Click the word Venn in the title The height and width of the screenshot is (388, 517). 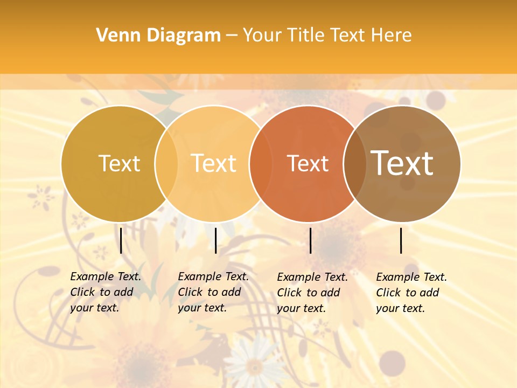[x=111, y=36]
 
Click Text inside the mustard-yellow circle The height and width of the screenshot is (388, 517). [x=120, y=163]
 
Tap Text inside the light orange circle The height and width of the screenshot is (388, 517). [x=214, y=163]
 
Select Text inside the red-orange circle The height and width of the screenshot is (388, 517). [x=308, y=164]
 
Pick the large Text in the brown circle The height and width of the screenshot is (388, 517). [x=402, y=163]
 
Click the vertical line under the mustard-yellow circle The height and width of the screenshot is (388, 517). [x=121, y=240]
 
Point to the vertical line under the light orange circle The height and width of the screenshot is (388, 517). [x=215, y=240]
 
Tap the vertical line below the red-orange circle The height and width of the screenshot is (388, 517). [x=311, y=240]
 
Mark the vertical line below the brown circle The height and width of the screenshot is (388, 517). [x=401, y=240]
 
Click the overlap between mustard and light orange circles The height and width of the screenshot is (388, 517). [x=166, y=163]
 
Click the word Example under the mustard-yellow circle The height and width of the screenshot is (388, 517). [x=92, y=276]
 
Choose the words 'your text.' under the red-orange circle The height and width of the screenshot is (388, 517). [x=301, y=308]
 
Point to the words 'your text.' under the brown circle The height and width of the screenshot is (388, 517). [x=400, y=308]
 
